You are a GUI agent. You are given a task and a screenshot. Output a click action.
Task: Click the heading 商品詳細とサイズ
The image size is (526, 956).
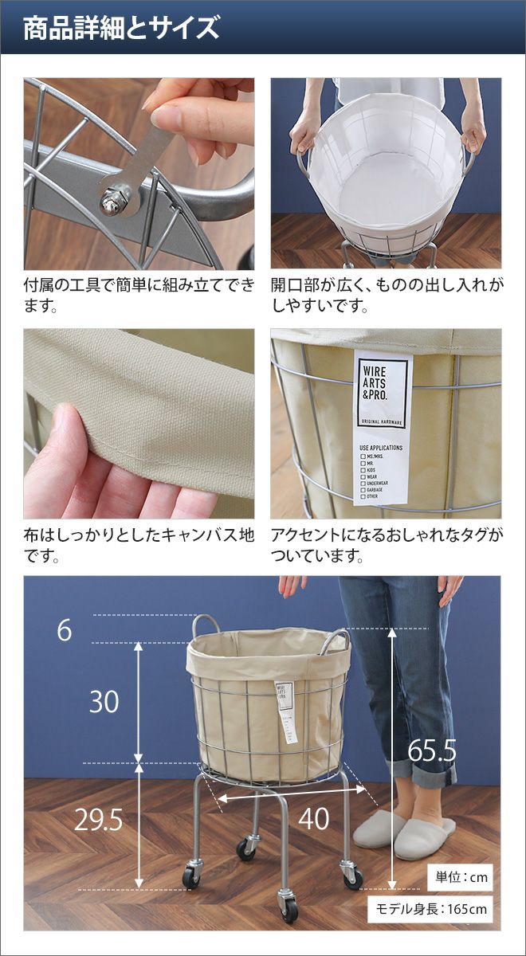click(121, 28)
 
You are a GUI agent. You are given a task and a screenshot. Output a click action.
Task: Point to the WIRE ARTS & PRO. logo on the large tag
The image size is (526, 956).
click(375, 383)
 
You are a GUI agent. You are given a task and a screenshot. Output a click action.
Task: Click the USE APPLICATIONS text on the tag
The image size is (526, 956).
click(381, 448)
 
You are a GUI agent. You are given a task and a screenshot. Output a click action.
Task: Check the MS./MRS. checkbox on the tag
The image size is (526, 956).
click(363, 456)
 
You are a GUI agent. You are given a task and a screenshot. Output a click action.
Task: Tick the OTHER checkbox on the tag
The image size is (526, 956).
click(363, 497)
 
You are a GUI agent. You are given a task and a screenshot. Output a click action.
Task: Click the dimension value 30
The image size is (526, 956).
click(104, 702)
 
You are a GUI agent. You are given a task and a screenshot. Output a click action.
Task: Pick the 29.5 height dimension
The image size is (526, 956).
click(98, 819)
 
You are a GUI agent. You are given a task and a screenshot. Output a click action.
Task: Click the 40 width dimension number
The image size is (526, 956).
click(314, 819)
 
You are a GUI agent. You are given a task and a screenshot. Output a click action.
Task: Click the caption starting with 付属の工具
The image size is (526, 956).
click(139, 295)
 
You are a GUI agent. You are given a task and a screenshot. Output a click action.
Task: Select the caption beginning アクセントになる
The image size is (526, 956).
click(387, 545)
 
